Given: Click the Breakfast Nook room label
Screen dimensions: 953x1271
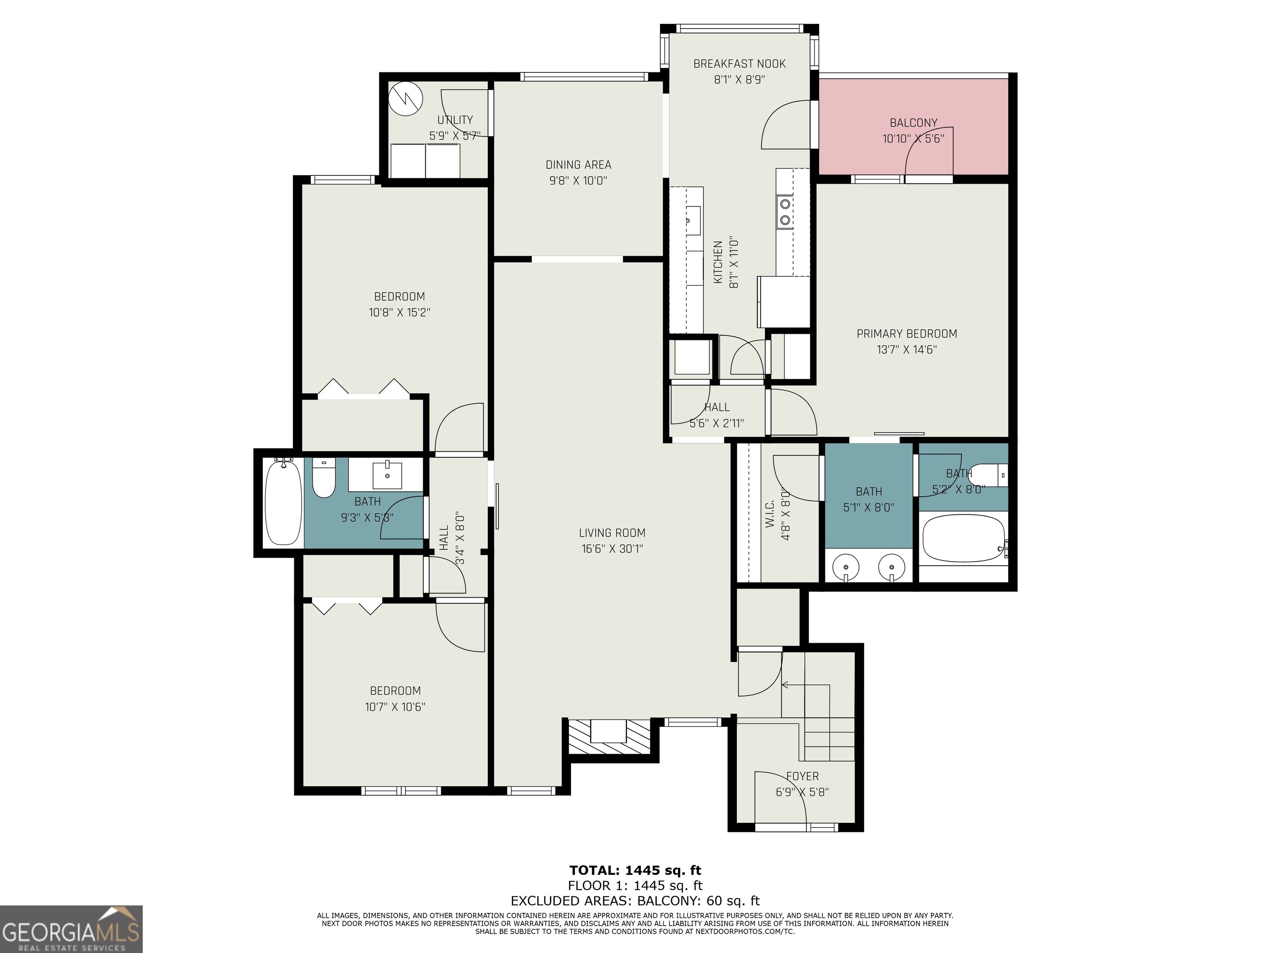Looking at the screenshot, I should click(x=739, y=64).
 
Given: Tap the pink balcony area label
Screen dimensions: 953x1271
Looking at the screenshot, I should click(x=913, y=123).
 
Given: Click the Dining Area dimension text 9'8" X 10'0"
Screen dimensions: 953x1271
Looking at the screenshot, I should click(x=578, y=181).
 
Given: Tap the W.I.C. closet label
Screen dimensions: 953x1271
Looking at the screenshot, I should click(x=770, y=511).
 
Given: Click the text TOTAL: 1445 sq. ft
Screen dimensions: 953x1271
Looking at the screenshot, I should click(x=635, y=870).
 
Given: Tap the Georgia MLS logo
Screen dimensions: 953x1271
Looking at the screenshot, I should click(x=71, y=929).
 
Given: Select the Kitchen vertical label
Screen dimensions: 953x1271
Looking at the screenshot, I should click(x=718, y=262).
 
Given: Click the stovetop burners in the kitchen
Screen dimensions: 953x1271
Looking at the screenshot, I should click(x=785, y=211).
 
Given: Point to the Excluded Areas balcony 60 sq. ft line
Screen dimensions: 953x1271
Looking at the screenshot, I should click(x=635, y=901).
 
